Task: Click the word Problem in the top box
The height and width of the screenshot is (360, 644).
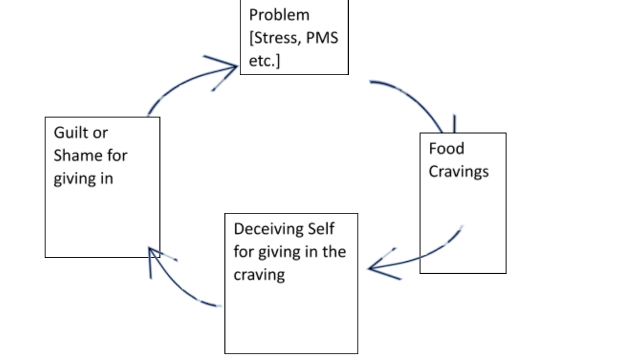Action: [279, 15]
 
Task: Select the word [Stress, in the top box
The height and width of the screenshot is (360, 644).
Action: [275, 38]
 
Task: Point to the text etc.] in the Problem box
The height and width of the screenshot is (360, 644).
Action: [265, 61]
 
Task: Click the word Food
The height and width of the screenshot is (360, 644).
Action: [446, 149]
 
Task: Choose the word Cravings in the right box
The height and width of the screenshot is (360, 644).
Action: [458, 172]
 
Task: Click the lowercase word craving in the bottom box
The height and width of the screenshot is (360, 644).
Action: [259, 275]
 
